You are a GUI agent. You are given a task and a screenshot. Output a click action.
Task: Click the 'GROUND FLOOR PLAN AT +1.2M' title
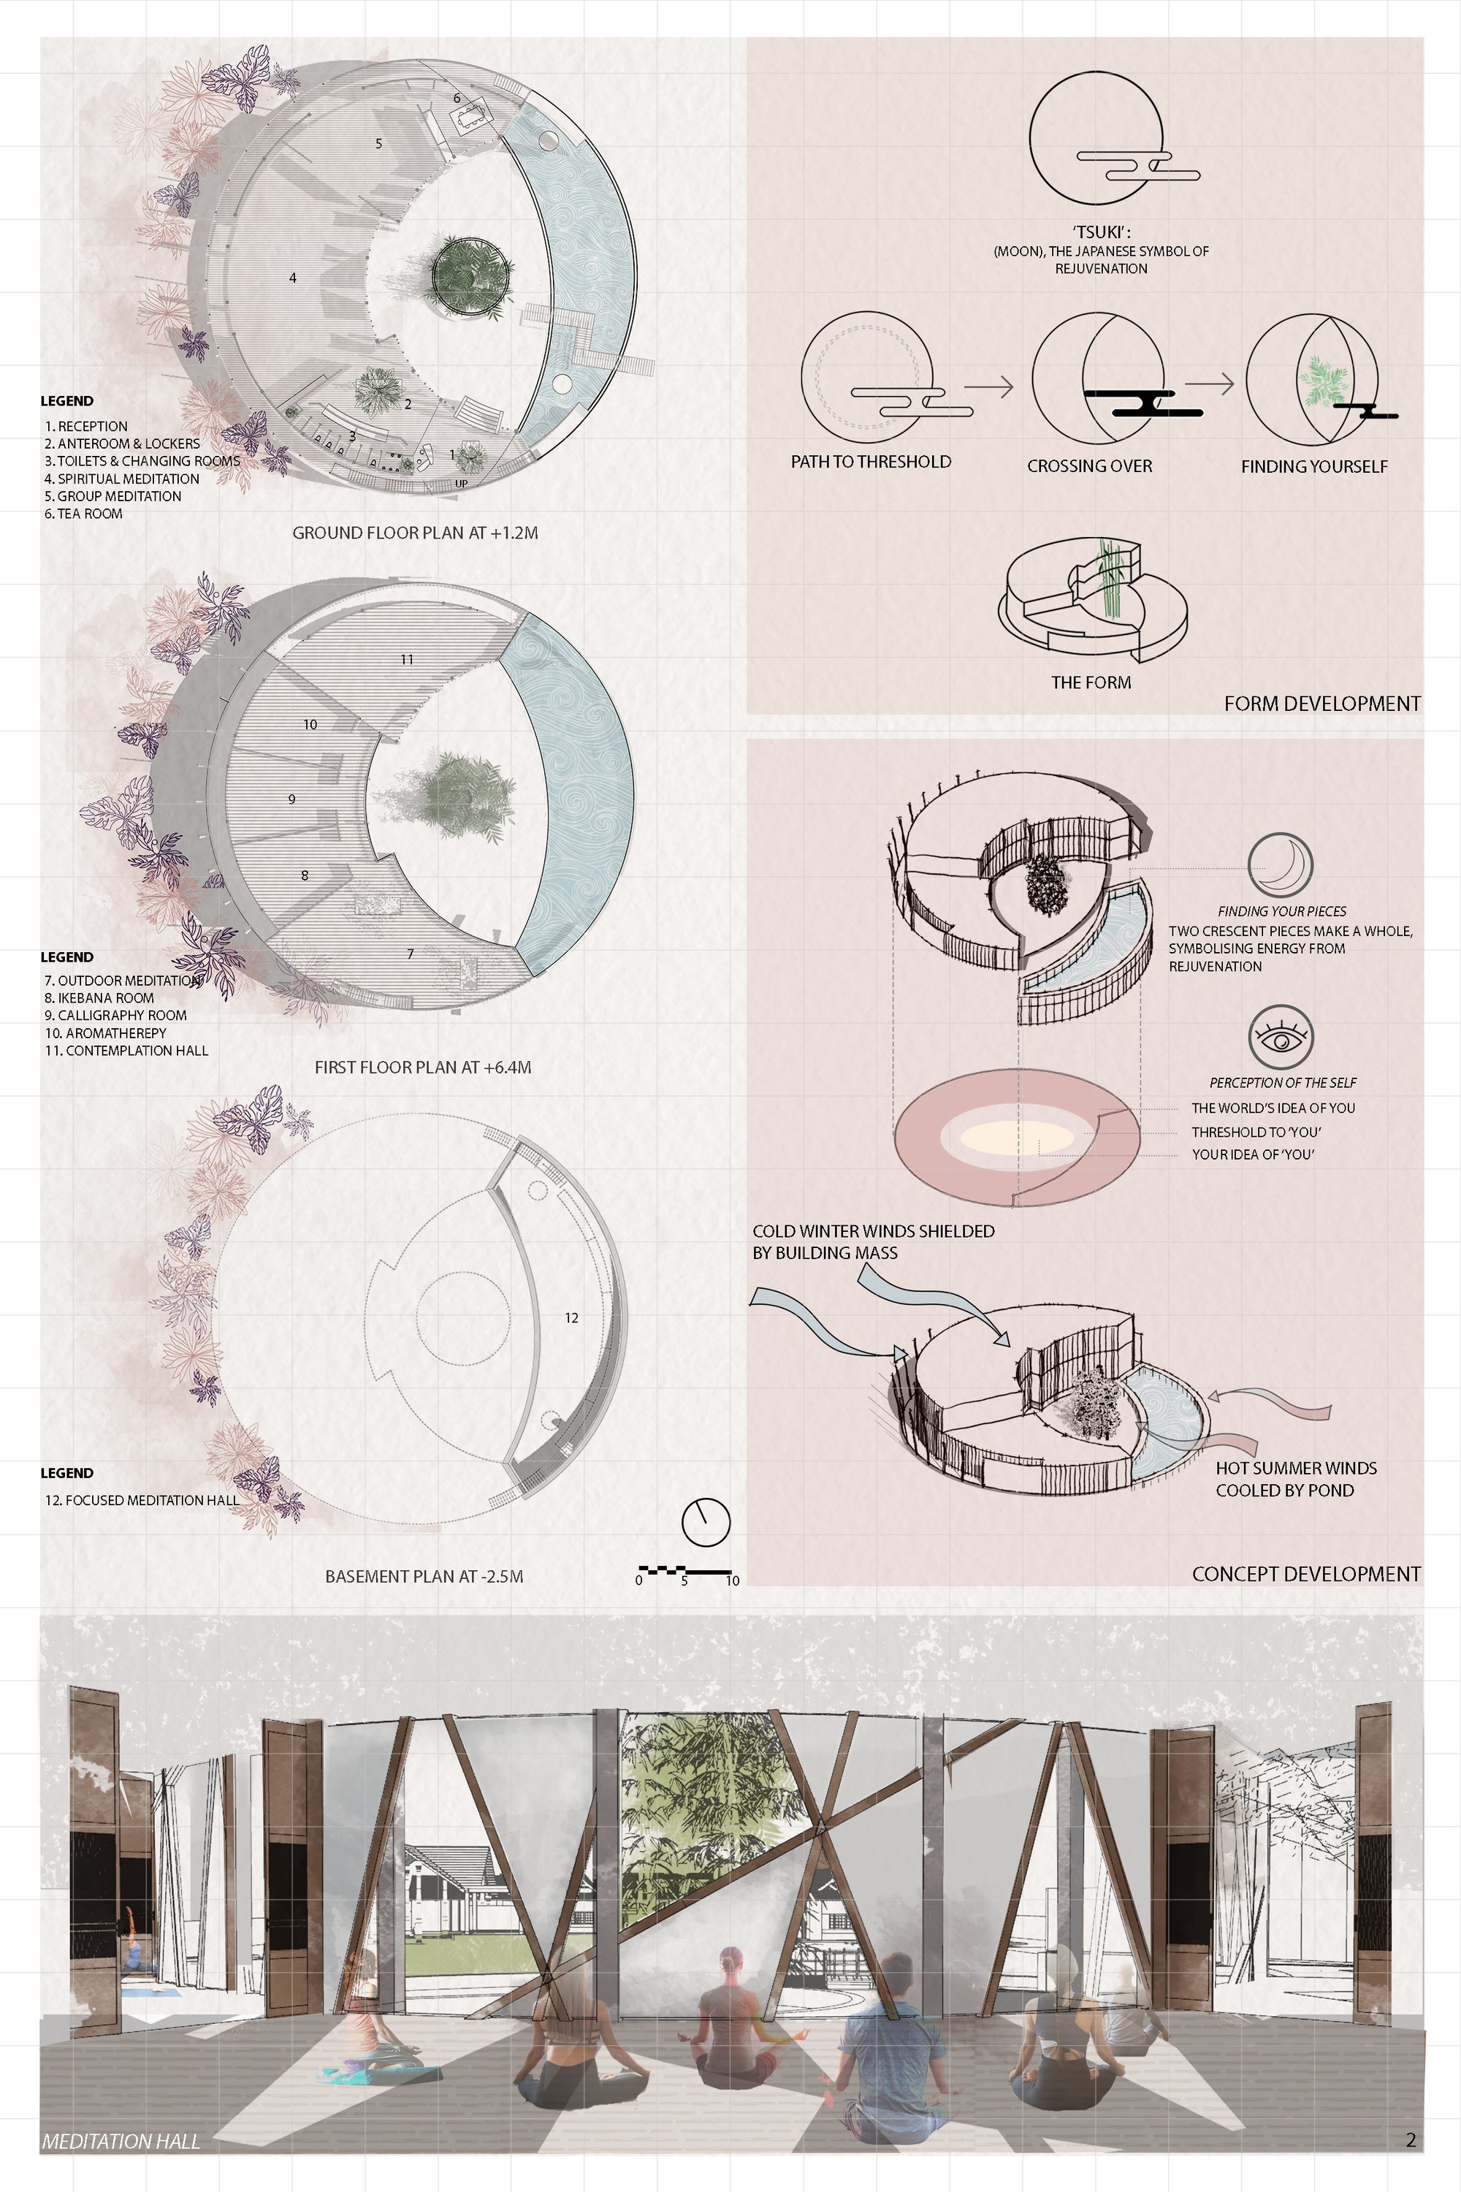pyautogui.click(x=416, y=533)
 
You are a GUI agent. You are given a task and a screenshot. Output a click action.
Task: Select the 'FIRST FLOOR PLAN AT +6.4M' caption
pyautogui.click(x=423, y=1067)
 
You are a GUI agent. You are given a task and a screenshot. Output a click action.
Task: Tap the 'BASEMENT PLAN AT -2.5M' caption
pyautogui.click(x=424, y=1576)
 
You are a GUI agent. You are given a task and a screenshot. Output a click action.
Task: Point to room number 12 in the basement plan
pyautogui.click(x=571, y=1318)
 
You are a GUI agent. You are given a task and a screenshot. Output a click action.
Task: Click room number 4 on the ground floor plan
pyautogui.click(x=293, y=278)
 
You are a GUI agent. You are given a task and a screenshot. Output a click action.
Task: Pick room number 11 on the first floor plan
pyautogui.click(x=407, y=660)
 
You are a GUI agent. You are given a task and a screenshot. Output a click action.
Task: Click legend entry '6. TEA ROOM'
pyautogui.click(x=84, y=514)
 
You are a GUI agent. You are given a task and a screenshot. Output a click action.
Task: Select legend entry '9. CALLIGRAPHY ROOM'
pyautogui.click(x=115, y=1015)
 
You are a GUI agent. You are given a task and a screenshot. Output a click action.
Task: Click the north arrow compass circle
pyautogui.click(x=706, y=1522)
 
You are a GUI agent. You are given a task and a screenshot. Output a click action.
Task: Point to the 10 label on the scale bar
pyautogui.click(x=733, y=1580)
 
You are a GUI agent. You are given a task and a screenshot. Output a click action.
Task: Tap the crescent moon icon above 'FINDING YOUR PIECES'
pyautogui.click(x=1281, y=866)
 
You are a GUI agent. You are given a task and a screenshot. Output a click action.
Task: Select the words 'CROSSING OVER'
pyautogui.click(x=1089, y=466)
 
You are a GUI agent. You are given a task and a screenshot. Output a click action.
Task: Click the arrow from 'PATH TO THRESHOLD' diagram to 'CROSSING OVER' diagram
pyautogui.click(x=988, y=385)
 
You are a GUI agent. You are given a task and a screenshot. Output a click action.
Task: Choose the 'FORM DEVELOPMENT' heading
pyautogui.click(x=1322, y=704)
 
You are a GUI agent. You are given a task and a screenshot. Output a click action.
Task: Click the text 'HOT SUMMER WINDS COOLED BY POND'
pyautogui.click(x=1296, y=1479)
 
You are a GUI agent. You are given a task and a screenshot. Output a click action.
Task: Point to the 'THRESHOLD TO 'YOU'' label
pyautogui.click(x=1256, y=1131)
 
